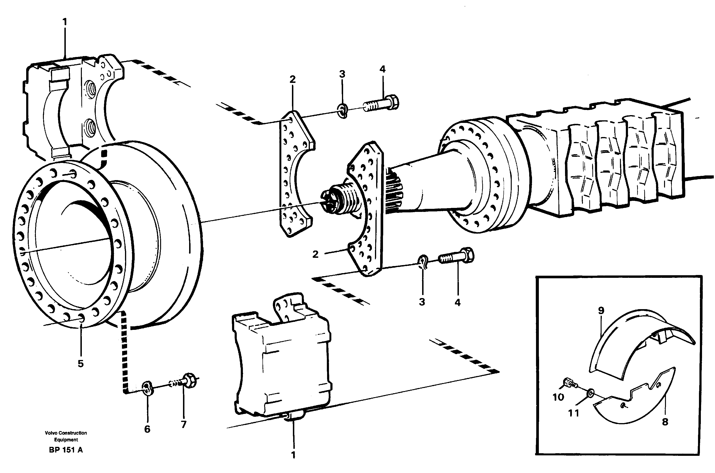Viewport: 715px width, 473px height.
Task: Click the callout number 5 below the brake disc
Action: [x=80, y=364]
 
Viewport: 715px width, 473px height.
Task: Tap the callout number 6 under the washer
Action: [x=147, y=429]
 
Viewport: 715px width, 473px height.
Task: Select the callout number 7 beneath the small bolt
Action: [x=184, y=424]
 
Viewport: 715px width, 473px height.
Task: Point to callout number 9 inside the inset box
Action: [x=601, y=310]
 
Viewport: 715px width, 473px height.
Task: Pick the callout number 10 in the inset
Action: [x=558, y=397]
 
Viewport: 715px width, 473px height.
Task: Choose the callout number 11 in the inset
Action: [x=573, y=413]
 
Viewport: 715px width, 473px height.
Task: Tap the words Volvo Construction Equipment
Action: [x=66, y=436]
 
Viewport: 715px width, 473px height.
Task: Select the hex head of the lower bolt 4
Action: [x=468, y=255]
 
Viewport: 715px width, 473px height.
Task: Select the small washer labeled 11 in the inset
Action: [x=589, y=393]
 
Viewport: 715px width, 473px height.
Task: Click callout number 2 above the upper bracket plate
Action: [x=292, y=79]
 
